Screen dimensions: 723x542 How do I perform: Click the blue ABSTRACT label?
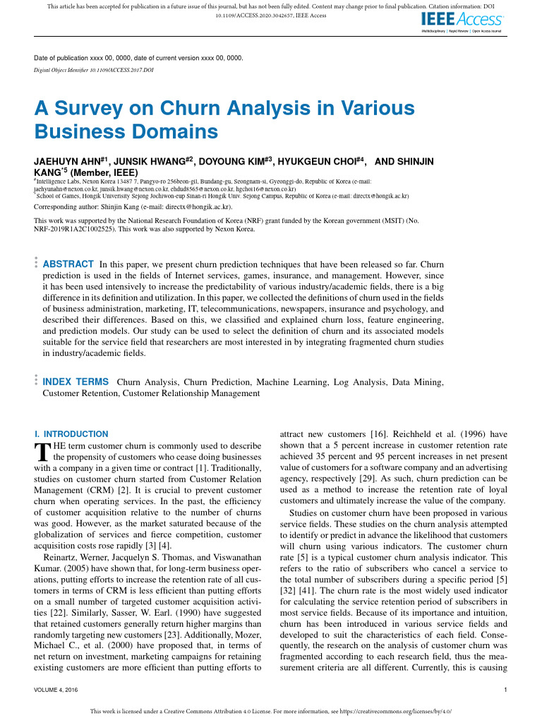click(x=68, y=264)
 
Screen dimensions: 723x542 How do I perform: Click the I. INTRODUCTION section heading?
click(x=71, y=434)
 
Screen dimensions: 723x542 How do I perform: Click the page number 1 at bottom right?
click(x=506, y=690)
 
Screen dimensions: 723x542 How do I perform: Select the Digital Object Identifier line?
click(x=94, y=71)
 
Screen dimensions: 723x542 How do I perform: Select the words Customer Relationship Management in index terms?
click(x=191, y=393)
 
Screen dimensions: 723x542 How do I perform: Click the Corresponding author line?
click(x=133, y=208)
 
